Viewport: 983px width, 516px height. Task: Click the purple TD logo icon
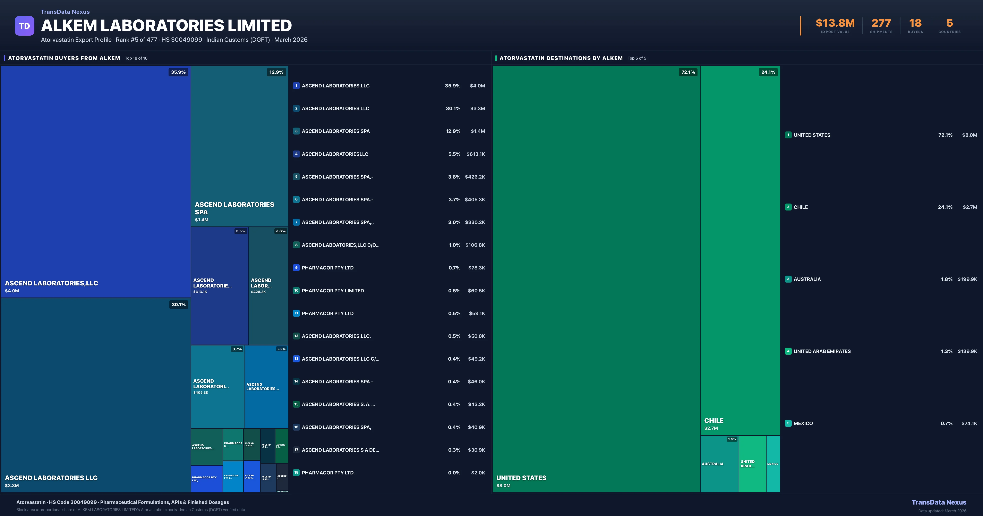(24, 26)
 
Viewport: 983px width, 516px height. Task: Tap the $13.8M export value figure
(835, 23)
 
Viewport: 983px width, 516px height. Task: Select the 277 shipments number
(881, 23)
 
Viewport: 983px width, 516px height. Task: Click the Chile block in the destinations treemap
(740, 248)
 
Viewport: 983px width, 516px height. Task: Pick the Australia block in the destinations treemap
(719, 464)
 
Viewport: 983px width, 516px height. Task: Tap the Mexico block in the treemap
(773, 464)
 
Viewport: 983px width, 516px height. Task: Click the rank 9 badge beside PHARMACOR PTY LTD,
(296, 268)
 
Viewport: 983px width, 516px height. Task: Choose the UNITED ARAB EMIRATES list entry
(822, 351)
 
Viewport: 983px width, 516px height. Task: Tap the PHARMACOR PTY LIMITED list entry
(333, 290)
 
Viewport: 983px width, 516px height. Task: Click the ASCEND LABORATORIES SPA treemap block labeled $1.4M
(239, 145)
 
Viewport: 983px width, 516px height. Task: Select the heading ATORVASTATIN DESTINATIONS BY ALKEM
(561, 58)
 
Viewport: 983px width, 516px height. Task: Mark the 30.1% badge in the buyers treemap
(179, 304)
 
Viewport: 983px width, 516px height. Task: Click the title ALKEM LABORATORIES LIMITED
(166, 26)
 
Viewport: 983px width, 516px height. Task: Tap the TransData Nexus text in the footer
(939, 502)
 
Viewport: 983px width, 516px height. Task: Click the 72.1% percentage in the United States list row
(945, 135)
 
